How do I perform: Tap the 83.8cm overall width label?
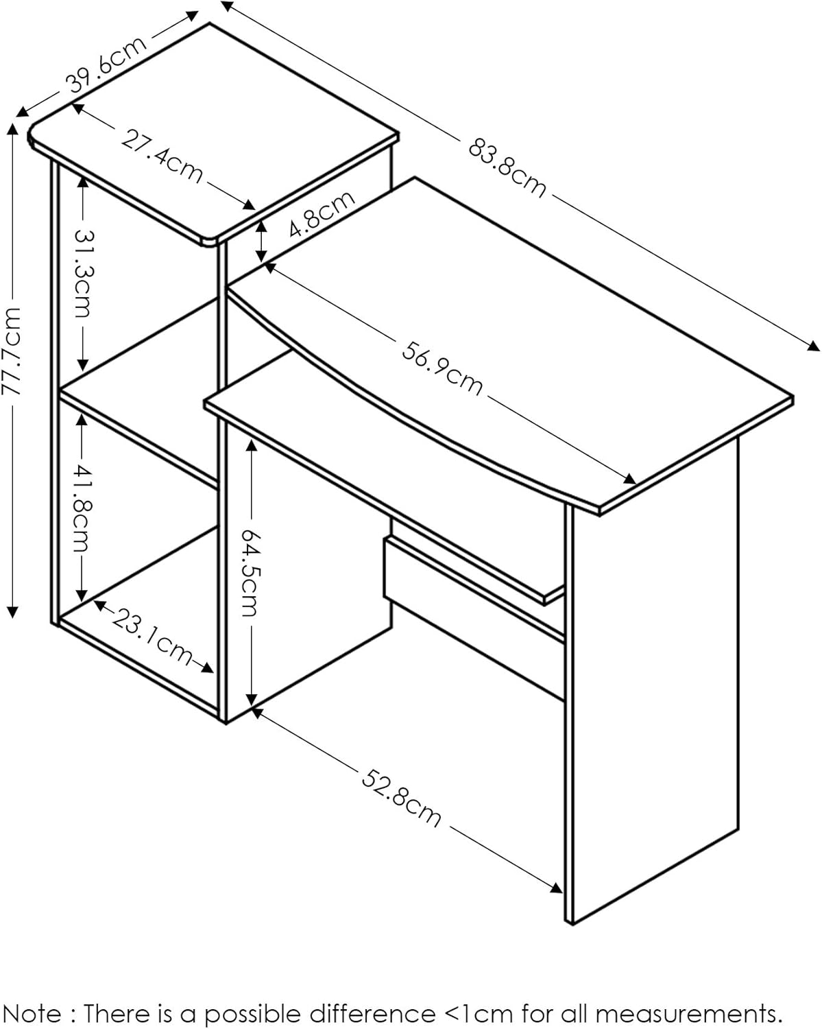507,167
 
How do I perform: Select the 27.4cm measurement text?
162,156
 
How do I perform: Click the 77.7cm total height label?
12,351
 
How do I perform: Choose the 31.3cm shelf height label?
84,274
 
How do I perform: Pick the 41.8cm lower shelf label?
82,508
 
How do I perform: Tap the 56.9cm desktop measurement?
442,368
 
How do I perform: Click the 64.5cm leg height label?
250,572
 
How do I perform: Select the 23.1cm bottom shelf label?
152,635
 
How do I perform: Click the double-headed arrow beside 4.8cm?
261,241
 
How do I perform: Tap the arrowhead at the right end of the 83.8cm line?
813,346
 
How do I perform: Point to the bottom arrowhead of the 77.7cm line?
12,612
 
